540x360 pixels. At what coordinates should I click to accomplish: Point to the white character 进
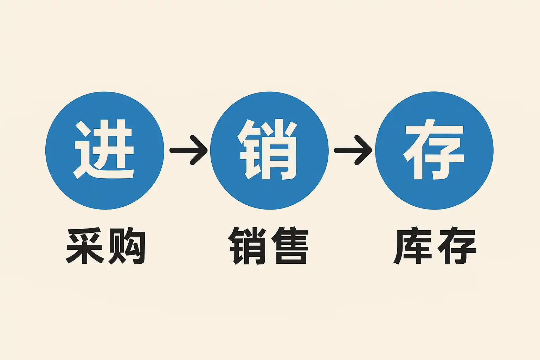point(104,149)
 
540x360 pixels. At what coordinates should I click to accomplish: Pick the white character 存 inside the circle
point(434,149)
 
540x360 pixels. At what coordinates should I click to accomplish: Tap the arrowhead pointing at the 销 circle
point(202,150)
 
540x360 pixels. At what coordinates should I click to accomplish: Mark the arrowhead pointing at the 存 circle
point(366,150)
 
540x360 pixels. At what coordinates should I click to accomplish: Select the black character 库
point(413,246)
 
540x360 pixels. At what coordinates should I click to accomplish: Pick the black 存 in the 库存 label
point(456,246)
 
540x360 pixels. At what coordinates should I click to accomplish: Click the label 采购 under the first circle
point(106,246)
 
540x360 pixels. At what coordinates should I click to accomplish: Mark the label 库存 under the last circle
point(435,246)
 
